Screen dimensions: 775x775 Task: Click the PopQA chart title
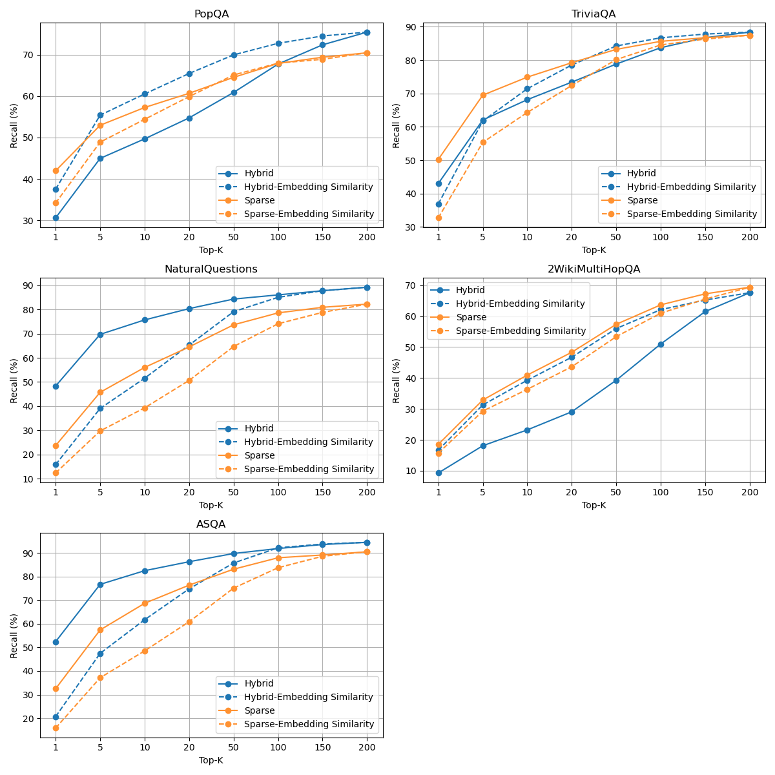pyautogui.click(x=211, y=14)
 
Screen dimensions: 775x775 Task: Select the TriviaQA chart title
pyautogui.click(x=594, y=14)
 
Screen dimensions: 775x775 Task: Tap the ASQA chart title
pyautogui.click(x=211, y=524)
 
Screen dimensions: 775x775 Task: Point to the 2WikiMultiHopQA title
pyautogui.click(x=594, y=269)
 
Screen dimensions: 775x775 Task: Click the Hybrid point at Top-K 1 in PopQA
pyautogui.click(x=56, y=218)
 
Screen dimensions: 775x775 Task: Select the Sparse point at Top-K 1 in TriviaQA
pyautogui.click(x=439, y=160)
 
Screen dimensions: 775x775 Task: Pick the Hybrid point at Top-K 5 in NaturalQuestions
pyautogui.click(x=100, y=335)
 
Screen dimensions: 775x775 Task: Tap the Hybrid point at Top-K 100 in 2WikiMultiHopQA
pyautogui.click(x=661, y=344)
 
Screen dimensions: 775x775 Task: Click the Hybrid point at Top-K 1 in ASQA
pyautogui.click(x=56, y=642)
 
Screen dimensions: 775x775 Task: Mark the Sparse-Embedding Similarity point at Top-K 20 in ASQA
pyautogui.click(x=189, y=622)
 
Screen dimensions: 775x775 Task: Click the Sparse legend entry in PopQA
pyautogui.click(x=259, y=200)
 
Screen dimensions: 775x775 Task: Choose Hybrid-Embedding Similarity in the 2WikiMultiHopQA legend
pyautogui.click(x=520, y=304)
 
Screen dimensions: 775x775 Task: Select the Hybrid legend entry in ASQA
pyautogui.click(x=258, y=683)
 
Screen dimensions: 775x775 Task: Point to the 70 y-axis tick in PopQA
pyautogui.click(x=30, y=55)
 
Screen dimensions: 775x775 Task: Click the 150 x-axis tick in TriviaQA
pyautogui.click(x=705, y=237)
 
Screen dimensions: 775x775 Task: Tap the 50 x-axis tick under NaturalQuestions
pyautogui.click(x=234, y=492)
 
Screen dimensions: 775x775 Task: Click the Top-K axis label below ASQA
pyautogui.click(x=211, y=760)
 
